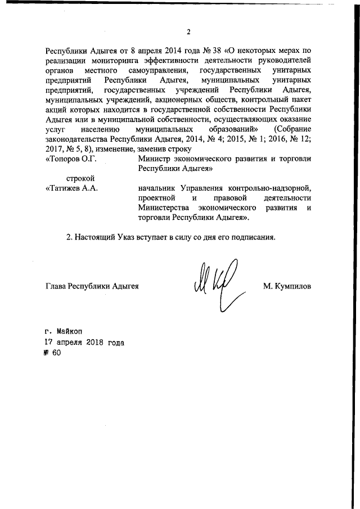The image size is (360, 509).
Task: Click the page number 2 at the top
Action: (189, 31)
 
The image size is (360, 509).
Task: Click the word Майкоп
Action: (71, 331)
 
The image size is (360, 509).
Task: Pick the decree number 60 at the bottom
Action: (55, 353)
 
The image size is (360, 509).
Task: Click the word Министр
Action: (154, 159)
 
